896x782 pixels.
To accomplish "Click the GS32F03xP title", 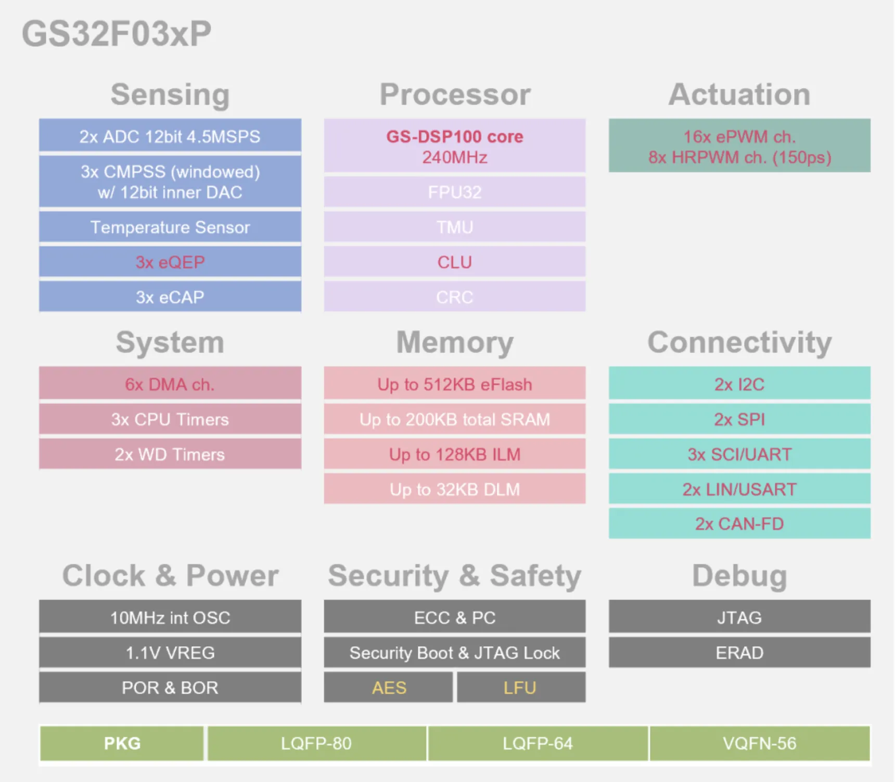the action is coord(117,34).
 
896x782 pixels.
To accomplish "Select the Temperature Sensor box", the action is coord(170,227).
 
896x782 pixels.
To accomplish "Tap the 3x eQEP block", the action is coord(170,262).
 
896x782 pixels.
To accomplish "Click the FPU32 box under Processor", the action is coord(455,192).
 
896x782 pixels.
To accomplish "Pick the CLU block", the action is coord(455,262).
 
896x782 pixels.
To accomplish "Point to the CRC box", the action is coord(455,297).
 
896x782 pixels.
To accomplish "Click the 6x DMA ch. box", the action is coord(170,384).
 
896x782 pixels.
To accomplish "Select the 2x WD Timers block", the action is coord(170,454).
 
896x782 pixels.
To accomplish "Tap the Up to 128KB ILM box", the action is coord(455,454).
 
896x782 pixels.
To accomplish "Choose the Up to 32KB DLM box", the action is coord(455,489).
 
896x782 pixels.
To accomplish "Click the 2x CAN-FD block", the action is coord(739,524).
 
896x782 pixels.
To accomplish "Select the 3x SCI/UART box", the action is coord(739,454).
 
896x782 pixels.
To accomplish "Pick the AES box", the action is coord(389,687).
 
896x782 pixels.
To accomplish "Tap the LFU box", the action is coord(521,687).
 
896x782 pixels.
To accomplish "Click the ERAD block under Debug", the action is coord(739,653).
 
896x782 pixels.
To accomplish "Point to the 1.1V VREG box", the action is coord(170,653).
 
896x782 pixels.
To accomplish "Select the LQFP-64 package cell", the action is coord(538,744).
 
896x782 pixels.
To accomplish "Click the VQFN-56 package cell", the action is coord(760,744).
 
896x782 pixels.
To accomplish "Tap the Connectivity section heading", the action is coord(739,343).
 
